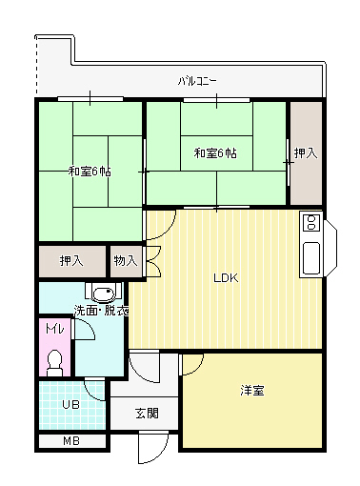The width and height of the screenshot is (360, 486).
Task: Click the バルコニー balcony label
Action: (x=197, y=81)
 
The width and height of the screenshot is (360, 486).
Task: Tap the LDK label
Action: (x=225, y=278)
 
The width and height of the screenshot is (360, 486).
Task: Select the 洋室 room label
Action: (x=252, y=391)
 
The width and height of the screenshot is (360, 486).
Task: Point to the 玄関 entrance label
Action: (x=147, y=413)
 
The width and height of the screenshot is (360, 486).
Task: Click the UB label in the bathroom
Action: (x=70, y=404)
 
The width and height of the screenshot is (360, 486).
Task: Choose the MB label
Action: (x=71, y=441)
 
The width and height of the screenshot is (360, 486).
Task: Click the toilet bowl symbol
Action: (x=55, y=360)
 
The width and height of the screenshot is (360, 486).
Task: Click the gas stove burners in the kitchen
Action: (x=310, y=224)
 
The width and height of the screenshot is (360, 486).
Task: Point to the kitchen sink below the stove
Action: (x=311, y=257)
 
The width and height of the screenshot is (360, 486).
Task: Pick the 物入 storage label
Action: (x=125, y=260)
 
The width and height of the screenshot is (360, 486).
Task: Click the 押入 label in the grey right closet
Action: (x=305, y=152)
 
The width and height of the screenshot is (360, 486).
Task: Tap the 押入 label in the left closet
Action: (x=71, y=260)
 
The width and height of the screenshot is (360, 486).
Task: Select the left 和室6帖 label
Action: (x=89, y=172)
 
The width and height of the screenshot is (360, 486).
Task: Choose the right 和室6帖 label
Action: (x=215, y=152)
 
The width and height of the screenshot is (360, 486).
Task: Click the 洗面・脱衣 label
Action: (x=101, y=312)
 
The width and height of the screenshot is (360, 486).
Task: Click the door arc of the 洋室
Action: (x=192, y=363)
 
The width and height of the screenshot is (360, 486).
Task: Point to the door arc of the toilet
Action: (x=85, y=330)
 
